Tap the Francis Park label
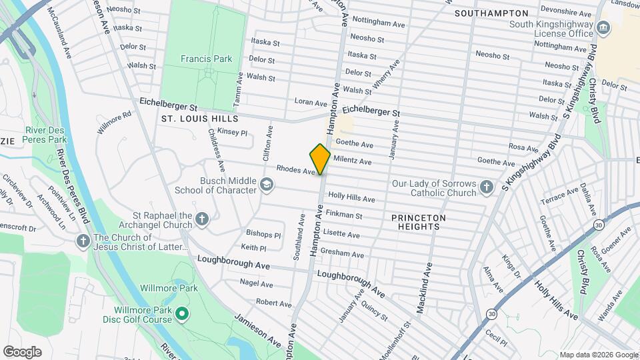pyautogui.click(x=206, y=59)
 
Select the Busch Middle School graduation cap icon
pyautogui.click(x=267, y=185)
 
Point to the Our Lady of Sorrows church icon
pyautogui.click(x=487, y=187)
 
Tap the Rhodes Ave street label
pyautogui.click(x=295, y=171)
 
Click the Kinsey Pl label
pyautogui.click(x=232, y=133)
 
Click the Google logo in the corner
pyautogui.click(x=22, y=351)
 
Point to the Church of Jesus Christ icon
pyautogui.click(x=83, y=241)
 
